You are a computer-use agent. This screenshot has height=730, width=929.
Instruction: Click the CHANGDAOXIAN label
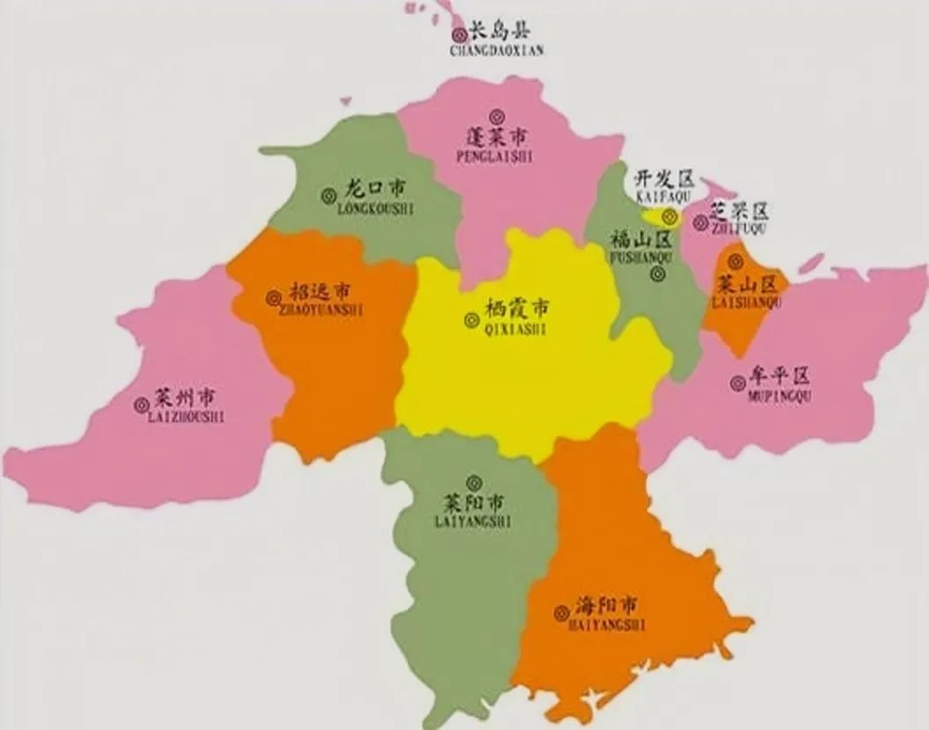click(x=496, y=51)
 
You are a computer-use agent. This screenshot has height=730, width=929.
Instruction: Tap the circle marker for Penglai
click(x=498, y=114)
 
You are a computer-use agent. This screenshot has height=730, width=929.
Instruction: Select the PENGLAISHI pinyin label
click(x=496, y=156)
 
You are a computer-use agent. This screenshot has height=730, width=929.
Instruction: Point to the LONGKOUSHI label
click(x=375, y=208)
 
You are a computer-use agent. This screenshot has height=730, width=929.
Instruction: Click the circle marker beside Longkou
click(x=329, y=194)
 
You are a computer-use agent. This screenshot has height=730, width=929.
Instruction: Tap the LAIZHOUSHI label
click(x=187, y=417)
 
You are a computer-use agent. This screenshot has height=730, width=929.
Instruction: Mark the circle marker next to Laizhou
click(x=141, y=405)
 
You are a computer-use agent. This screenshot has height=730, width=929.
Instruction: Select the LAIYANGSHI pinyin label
click(x=472, y=522)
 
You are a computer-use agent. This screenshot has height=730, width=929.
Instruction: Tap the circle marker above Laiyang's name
click(x=474, y=482)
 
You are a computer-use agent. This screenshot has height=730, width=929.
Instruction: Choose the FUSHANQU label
click(x=640, y=258)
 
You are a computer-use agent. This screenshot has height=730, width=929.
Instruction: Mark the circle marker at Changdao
click(x=459, y=35)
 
